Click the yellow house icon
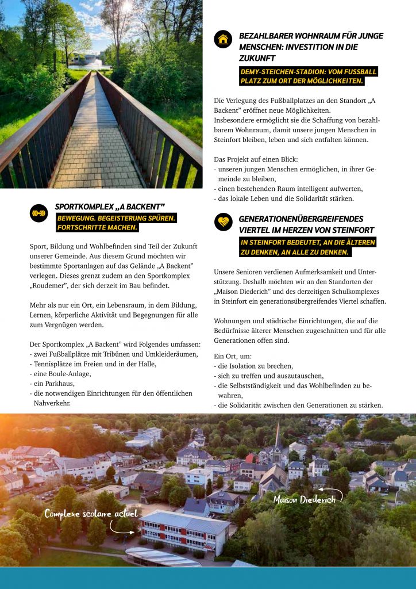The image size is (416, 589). [223, 39]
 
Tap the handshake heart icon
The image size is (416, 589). [223, 222]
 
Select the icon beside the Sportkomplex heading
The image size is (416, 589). [38, 213]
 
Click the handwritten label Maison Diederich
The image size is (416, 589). [305, 499]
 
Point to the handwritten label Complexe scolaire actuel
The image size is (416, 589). [91, 513]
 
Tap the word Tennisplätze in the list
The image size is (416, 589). [54, 364]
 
